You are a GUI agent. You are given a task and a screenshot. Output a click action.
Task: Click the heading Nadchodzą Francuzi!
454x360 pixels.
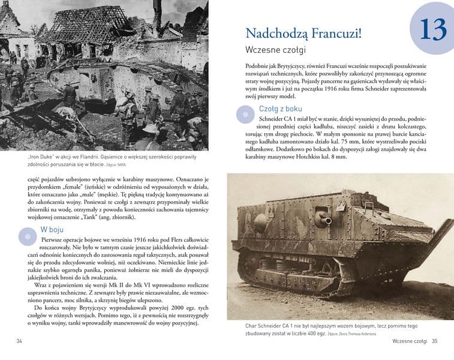[303, 33]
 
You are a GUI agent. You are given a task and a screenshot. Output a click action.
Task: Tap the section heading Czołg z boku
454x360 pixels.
[281, 109]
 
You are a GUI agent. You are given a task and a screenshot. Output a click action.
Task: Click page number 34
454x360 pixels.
[19, 341]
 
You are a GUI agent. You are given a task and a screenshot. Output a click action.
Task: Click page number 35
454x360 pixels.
[435, 341]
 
